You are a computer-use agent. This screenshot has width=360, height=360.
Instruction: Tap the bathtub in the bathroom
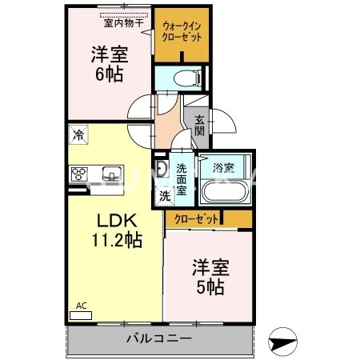(x=222, y=193)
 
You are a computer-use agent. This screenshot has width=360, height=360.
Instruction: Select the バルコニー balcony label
(x=158, y=338)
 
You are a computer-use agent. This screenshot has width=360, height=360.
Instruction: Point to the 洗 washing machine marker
(x=163, y=194)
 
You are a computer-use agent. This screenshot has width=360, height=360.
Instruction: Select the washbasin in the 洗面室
(x=161, y=170)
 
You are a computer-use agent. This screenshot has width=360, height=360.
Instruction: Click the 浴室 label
(x=223, y=168)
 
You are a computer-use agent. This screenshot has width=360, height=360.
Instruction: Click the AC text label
(x=82, y=306)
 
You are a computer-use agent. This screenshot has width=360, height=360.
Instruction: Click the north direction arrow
(x=284, y=342)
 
